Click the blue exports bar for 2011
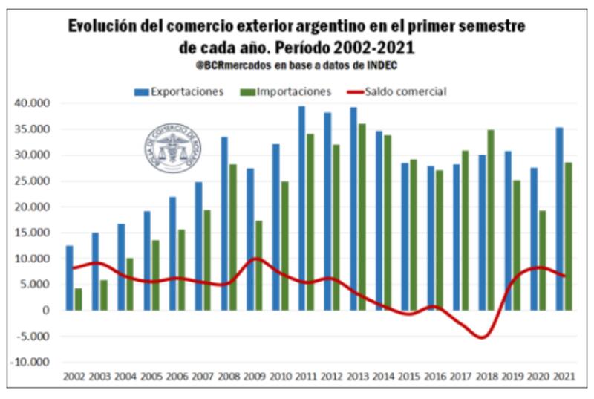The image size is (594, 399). pos(301,208)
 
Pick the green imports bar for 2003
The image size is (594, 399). pos(103,295)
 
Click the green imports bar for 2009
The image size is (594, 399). pos(258,265)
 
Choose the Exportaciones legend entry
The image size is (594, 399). pos(179,91)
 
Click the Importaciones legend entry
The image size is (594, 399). pos(286,91)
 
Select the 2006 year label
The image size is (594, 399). pos(175,377)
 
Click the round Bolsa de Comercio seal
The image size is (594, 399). pos(172,148)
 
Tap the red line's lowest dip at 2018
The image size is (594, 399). pos(483,337)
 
